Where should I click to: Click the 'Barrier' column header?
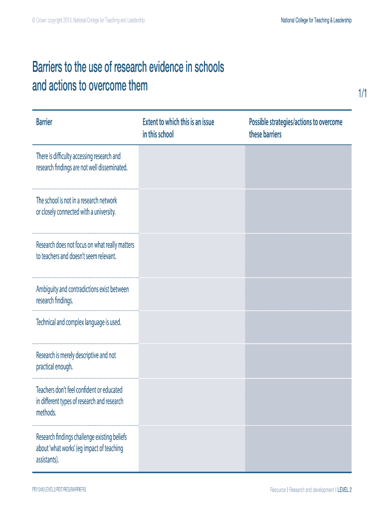[44, 122]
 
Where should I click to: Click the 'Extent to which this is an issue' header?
[178, 122]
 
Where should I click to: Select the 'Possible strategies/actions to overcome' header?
[296, 122]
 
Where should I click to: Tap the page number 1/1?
[362, 93]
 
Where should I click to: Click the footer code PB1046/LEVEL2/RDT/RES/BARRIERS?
[59, 490]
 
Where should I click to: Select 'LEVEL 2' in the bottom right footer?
[345, 490]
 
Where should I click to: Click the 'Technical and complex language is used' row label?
[78, 322]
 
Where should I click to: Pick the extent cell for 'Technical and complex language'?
[192, 326]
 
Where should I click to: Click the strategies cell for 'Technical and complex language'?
[298, 326]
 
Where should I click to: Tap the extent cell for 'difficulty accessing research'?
[192, 167]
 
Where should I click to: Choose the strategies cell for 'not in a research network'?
[298, 211]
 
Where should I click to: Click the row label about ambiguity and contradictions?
[82, 295]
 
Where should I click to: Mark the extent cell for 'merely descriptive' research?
[192, 361]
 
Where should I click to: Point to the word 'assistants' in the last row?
[47, 460]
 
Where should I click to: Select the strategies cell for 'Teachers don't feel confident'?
[298, 402]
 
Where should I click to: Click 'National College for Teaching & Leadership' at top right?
[316, 20]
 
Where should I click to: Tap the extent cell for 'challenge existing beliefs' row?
[192, 448]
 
